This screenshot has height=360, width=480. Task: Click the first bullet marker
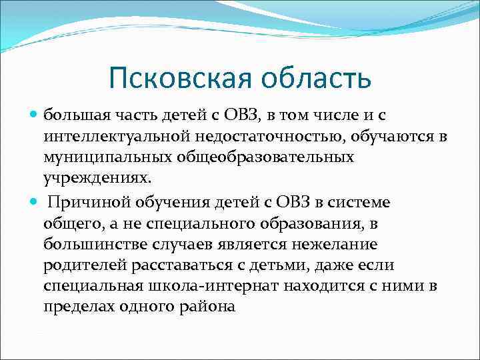(35, 114)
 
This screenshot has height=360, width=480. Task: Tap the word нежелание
(319, 245)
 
